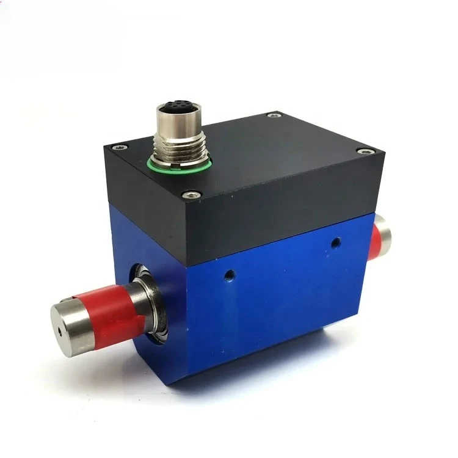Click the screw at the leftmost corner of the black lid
click(x=115, y=148)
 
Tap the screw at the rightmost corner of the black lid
click(x=366, y=151)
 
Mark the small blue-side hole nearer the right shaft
click(x=335, y=244)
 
